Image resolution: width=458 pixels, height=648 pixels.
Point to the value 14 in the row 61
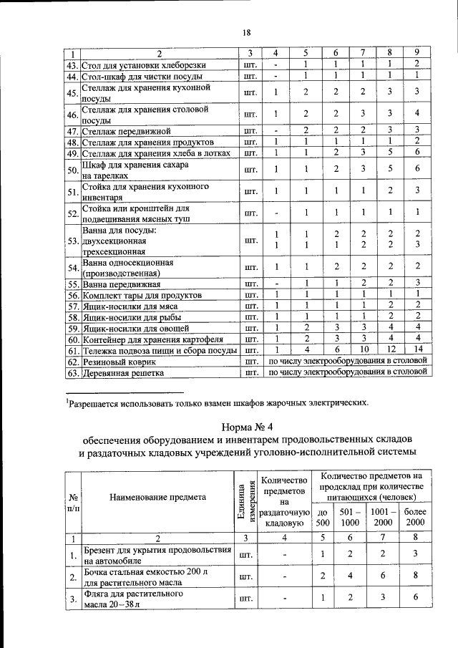click(x=417, y=350)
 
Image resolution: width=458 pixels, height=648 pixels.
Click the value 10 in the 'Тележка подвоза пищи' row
click(x=364, y=350)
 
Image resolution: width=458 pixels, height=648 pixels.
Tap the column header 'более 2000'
click(x=415, y=518)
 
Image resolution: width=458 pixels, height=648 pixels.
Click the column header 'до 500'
click(x=323, y=518)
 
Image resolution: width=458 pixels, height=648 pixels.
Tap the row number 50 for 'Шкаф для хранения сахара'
click(x=72, y=170)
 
